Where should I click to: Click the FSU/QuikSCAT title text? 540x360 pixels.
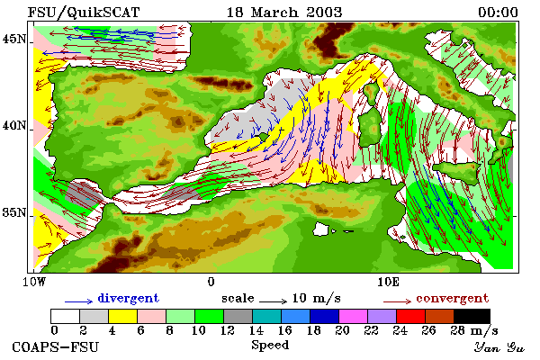tap(84, 13)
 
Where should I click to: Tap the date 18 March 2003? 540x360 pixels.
tap(284, 13)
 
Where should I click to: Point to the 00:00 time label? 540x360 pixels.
tap(498, 13)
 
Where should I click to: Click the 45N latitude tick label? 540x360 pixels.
tap(13, 39)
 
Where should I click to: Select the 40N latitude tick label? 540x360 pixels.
tap(13, 125)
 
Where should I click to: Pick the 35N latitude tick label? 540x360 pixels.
tap(13, 212)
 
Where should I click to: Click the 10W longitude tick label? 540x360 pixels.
tap(34, 282)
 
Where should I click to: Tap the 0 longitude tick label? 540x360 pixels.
tap(211, 282)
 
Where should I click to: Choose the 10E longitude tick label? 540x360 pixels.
tap(388, 282)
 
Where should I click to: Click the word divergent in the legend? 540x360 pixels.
tap(128, 298)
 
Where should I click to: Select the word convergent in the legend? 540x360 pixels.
tap(452, 298)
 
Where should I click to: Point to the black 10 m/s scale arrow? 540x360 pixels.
tap(273, 301)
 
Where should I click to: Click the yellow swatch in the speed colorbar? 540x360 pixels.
tap(122, 316)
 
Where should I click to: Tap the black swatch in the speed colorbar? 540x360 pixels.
tap(472, 316)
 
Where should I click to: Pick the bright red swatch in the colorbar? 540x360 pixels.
tap(410, 316)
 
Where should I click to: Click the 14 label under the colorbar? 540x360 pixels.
tap(256, 330)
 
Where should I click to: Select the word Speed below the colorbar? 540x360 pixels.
tap(270, 346)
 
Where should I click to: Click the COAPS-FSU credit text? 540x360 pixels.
tap(55, 346)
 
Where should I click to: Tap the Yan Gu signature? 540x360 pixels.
tap(499, 347)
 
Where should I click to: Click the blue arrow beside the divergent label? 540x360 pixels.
tap(78, 301)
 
